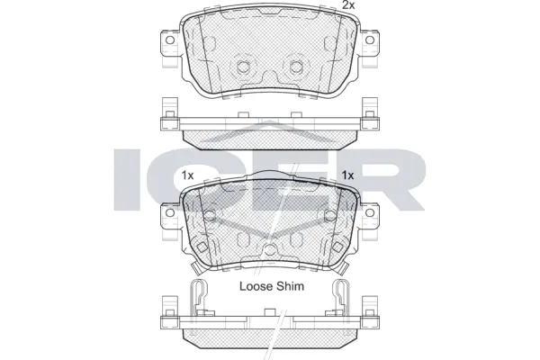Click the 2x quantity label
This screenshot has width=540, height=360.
[348, 7]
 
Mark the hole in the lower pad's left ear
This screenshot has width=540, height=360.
[166, 213]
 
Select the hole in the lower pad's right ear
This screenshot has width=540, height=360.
[371, 213]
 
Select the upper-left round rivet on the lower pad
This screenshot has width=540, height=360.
[209, 216]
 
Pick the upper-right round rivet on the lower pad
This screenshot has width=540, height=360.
[329, 216]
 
